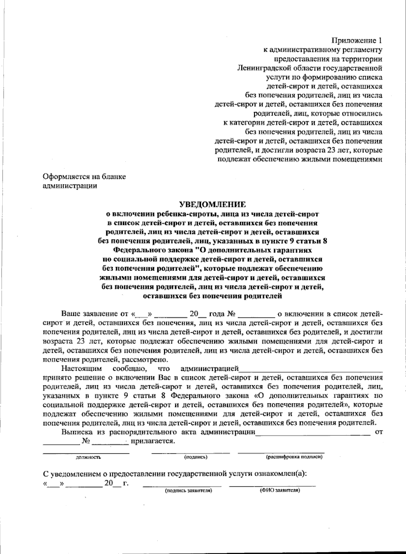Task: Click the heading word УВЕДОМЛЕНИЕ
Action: (212, 205)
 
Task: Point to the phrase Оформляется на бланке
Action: (84, 177)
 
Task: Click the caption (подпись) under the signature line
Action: (196, 457)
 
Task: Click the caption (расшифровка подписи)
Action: (294, 457)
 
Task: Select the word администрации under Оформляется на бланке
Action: (70, 186)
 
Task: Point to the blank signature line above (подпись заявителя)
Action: (182, 486)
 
